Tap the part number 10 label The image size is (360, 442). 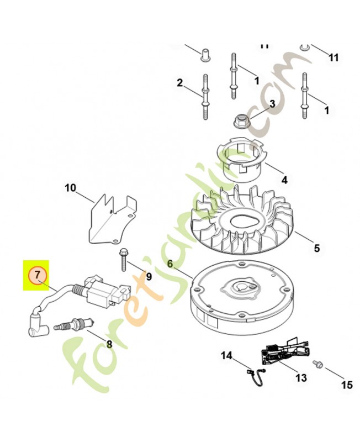click(x=70, y=188)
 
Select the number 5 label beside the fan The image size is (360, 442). click(x=316, y=249)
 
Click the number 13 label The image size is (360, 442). click(x=301, y=378)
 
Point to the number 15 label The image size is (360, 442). click(x=346, y=385)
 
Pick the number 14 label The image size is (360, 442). click(x=227, y=355)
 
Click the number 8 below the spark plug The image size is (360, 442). click(x=109, y=344)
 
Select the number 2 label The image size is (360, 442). click(x=179, y=83)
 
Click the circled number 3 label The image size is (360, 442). click(x=272, y=104)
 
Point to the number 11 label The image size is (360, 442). click(x=333, y=57)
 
